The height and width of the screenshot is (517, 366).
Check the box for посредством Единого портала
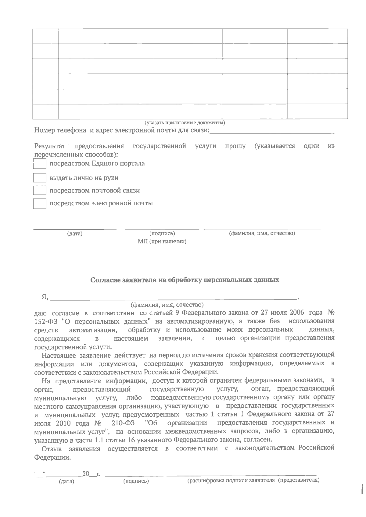(40, 164)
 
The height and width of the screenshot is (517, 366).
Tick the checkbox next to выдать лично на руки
(40, 178)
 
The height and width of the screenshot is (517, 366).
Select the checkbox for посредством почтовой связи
(40, 191)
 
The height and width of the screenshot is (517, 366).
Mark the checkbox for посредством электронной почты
(40, 204)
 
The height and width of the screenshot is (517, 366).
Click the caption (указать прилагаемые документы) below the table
(185, 123)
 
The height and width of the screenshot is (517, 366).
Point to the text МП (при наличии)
(162, 242)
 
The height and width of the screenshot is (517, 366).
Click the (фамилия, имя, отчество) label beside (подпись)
(262, 233)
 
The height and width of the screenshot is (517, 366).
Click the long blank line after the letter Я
(174, 297)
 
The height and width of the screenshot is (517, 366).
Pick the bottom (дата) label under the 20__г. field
(66, 482)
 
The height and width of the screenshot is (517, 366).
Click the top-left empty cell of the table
(45, 36)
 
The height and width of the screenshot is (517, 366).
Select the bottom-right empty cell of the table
(317, 111)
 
